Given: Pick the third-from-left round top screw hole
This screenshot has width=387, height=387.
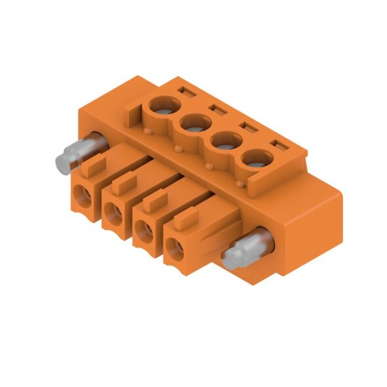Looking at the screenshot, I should [226, 140].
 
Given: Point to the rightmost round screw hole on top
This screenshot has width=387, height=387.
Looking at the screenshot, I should [256, 158].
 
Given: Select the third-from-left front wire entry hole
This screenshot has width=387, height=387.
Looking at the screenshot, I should [144, 230].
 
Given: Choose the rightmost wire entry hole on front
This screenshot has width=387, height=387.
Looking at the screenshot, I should [174, 248].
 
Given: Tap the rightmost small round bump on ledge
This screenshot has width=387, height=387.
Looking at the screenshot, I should [243, 186].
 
